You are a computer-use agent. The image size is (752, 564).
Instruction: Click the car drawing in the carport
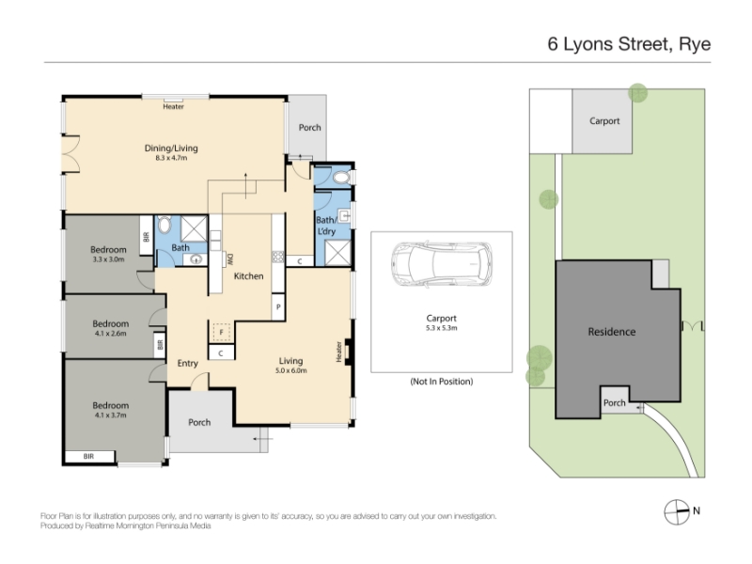[442, 264]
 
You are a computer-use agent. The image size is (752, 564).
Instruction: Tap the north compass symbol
[677, 511]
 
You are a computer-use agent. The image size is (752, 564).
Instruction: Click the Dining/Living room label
[171, 149]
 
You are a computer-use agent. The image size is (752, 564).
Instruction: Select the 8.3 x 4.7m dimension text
[171, 158]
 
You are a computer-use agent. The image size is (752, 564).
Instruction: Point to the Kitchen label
[248, 275]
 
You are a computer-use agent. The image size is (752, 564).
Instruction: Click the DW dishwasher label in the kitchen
[229, 259]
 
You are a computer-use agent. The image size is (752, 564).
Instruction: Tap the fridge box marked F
[222, 332]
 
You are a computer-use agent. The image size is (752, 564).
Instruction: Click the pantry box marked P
[278, 307]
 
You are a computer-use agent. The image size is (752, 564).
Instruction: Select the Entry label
[187, 364]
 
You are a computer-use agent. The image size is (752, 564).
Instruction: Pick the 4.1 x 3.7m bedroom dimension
[110, 415]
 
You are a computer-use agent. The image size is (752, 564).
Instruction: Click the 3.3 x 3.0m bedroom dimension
[108, 259]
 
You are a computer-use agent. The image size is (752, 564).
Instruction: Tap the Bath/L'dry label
[326, 226]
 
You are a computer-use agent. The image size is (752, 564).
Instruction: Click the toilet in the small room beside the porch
[342, 178]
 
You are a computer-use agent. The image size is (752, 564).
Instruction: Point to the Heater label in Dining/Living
[173, 106]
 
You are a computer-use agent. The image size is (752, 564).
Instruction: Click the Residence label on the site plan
[612, 332]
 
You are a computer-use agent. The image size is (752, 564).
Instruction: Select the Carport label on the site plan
[604, 121]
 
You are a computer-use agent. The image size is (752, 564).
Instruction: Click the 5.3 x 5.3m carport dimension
[441, 328]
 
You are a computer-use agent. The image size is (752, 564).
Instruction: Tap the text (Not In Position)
[441, 382]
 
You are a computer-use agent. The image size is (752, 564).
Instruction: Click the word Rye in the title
[695, 44]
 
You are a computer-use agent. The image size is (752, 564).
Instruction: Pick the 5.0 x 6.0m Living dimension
[291, 370]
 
